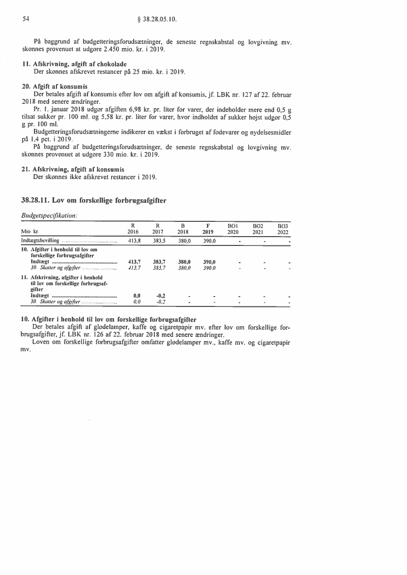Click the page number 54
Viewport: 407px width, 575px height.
26,20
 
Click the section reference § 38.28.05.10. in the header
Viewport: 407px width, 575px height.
158,20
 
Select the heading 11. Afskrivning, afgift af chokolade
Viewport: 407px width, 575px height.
77,64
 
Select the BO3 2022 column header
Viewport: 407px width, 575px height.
282,229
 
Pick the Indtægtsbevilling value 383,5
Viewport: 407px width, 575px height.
159,241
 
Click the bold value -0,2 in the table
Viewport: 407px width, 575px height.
160,296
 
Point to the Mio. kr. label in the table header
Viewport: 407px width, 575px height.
30,232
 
